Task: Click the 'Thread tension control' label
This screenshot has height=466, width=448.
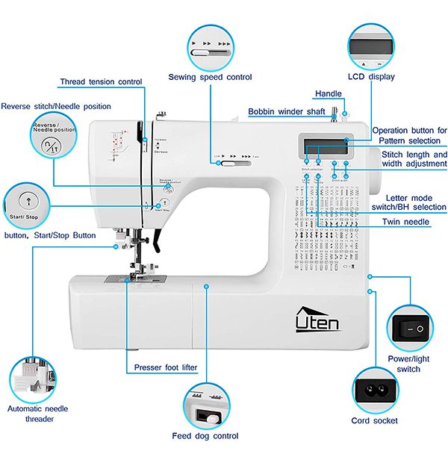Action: click(101, 81)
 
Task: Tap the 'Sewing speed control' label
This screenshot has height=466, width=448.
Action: click(210, 77)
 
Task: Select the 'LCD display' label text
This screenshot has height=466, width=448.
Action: click(371, 76)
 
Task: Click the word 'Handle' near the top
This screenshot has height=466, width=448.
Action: click(328, 94)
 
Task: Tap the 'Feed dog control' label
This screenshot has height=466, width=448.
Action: click(205, 436)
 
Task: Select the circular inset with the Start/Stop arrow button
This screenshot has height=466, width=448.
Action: click(27, 205)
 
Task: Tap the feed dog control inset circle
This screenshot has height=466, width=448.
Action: click(205, 406)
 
